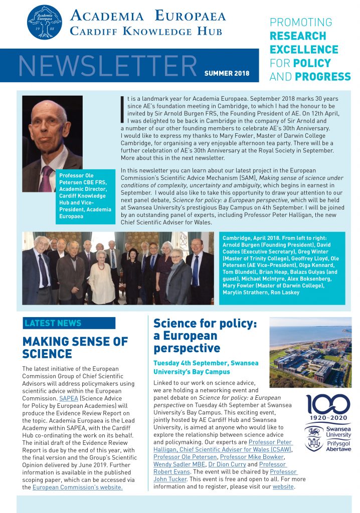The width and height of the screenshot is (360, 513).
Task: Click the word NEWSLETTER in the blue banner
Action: point(107,65)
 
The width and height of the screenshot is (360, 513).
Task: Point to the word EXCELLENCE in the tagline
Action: point(304,50)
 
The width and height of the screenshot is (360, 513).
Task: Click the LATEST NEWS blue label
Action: point(53,323)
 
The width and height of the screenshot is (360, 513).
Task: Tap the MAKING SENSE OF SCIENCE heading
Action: point(75,348)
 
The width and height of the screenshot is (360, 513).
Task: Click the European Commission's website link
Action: point(77,487)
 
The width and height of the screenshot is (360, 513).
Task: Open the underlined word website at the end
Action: point(283,487)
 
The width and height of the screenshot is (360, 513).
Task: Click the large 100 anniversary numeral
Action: point(328,405)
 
